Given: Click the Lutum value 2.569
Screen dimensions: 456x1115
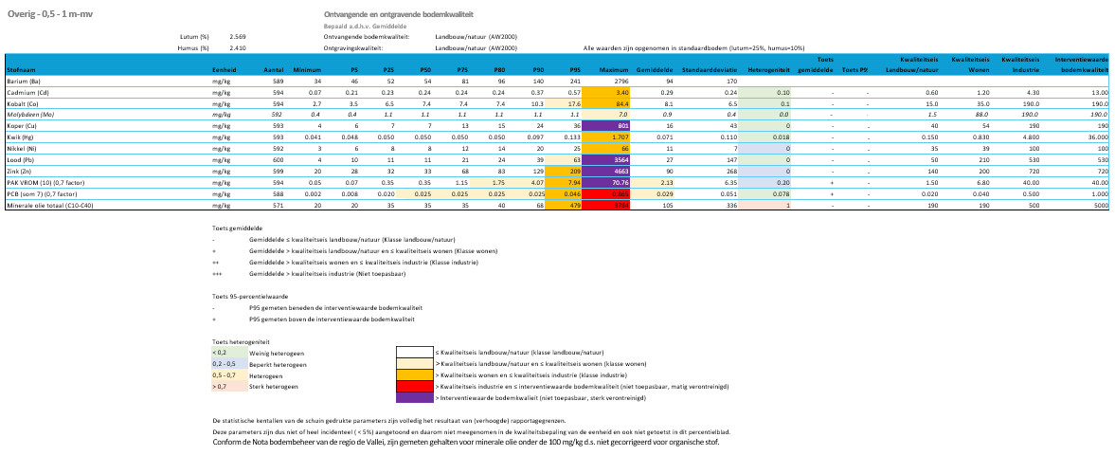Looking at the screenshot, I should [x=238, y=37].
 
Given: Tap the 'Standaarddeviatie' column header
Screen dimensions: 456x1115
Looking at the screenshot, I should [x=710, y=71].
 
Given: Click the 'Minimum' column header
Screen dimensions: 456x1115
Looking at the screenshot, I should [x=308, y=71].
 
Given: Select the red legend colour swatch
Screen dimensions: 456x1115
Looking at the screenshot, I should [x=413, y=387].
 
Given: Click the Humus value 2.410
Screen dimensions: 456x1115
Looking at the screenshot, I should [x=238, y=47].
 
